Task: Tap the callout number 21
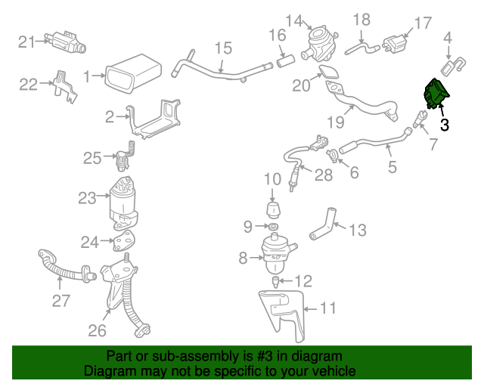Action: click(26, 42)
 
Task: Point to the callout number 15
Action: click(222, 49)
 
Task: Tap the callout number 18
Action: click(362, 19)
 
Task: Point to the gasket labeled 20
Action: click(330, 73)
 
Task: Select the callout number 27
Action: click(60, 302)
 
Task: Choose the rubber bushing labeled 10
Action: click(272, 208)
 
